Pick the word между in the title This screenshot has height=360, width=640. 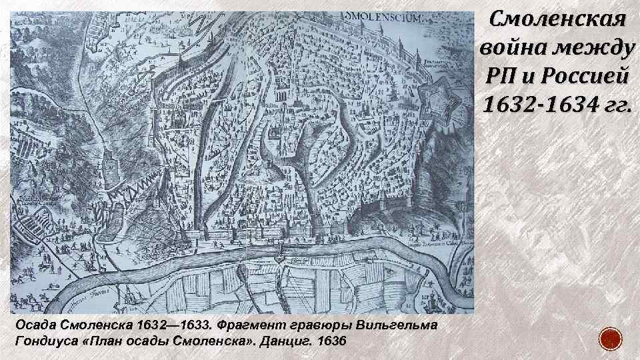point(595,48)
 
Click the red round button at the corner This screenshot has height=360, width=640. point(611,339)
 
